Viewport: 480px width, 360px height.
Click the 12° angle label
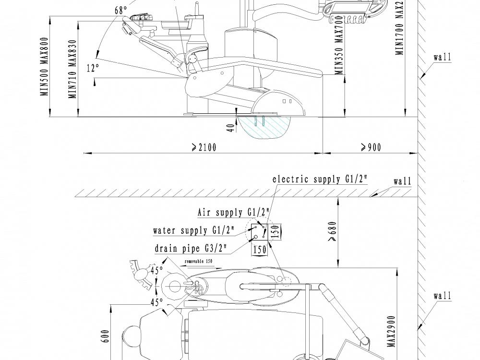tap(93, 68)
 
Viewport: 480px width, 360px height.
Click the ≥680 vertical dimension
tap(331, 231)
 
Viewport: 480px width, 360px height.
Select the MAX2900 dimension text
tap(391, 331)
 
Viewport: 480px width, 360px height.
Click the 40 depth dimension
tap(231, 128)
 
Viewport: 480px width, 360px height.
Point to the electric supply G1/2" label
tap(320, 180)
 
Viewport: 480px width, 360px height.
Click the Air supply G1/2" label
tap(234, 212)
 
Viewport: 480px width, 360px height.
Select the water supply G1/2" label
tap(193, 230)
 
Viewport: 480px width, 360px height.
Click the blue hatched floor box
tap(265, 128)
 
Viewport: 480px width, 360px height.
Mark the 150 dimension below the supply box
tap(260, 250)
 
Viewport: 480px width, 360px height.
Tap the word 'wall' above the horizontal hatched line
tap(402, 181)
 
